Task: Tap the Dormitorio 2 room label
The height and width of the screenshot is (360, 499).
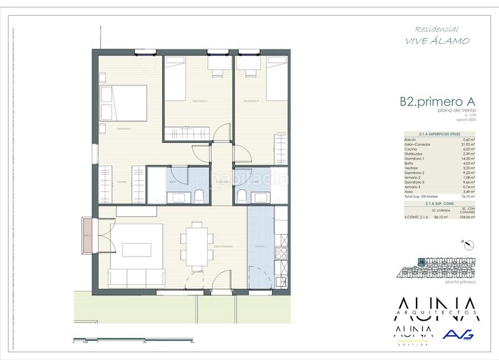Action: pos(198,100)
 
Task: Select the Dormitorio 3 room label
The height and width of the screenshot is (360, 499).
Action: pos(251,100)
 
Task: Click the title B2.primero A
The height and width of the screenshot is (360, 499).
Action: pos(437,101)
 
